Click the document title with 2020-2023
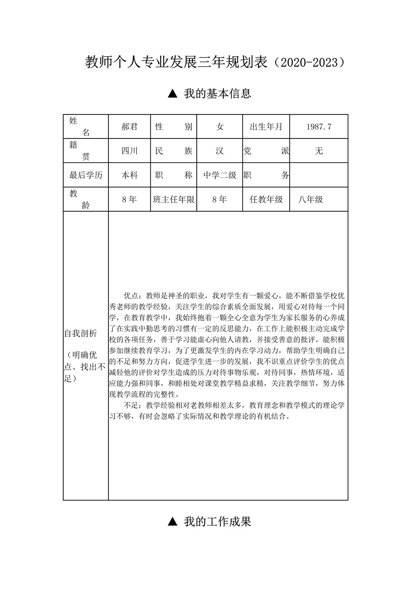(216, 63)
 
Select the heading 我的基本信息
(217, 94)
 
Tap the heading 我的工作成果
(217, 522)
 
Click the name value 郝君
(129, 127)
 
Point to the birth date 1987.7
(319, 127)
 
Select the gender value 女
(220, 127)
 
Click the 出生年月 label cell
(266, 127)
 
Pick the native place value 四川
(129, 151)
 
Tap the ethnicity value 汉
(220, 151)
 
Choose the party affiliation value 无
(319, 151)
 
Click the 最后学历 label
(86, 175)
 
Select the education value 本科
(129, 175)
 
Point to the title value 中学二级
(220, 175)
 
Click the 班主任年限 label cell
(174, 199)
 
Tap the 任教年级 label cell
(266, 199)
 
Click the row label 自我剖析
(81, 334)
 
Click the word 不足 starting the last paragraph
(131, 405)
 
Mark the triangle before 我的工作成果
(172, 521)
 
